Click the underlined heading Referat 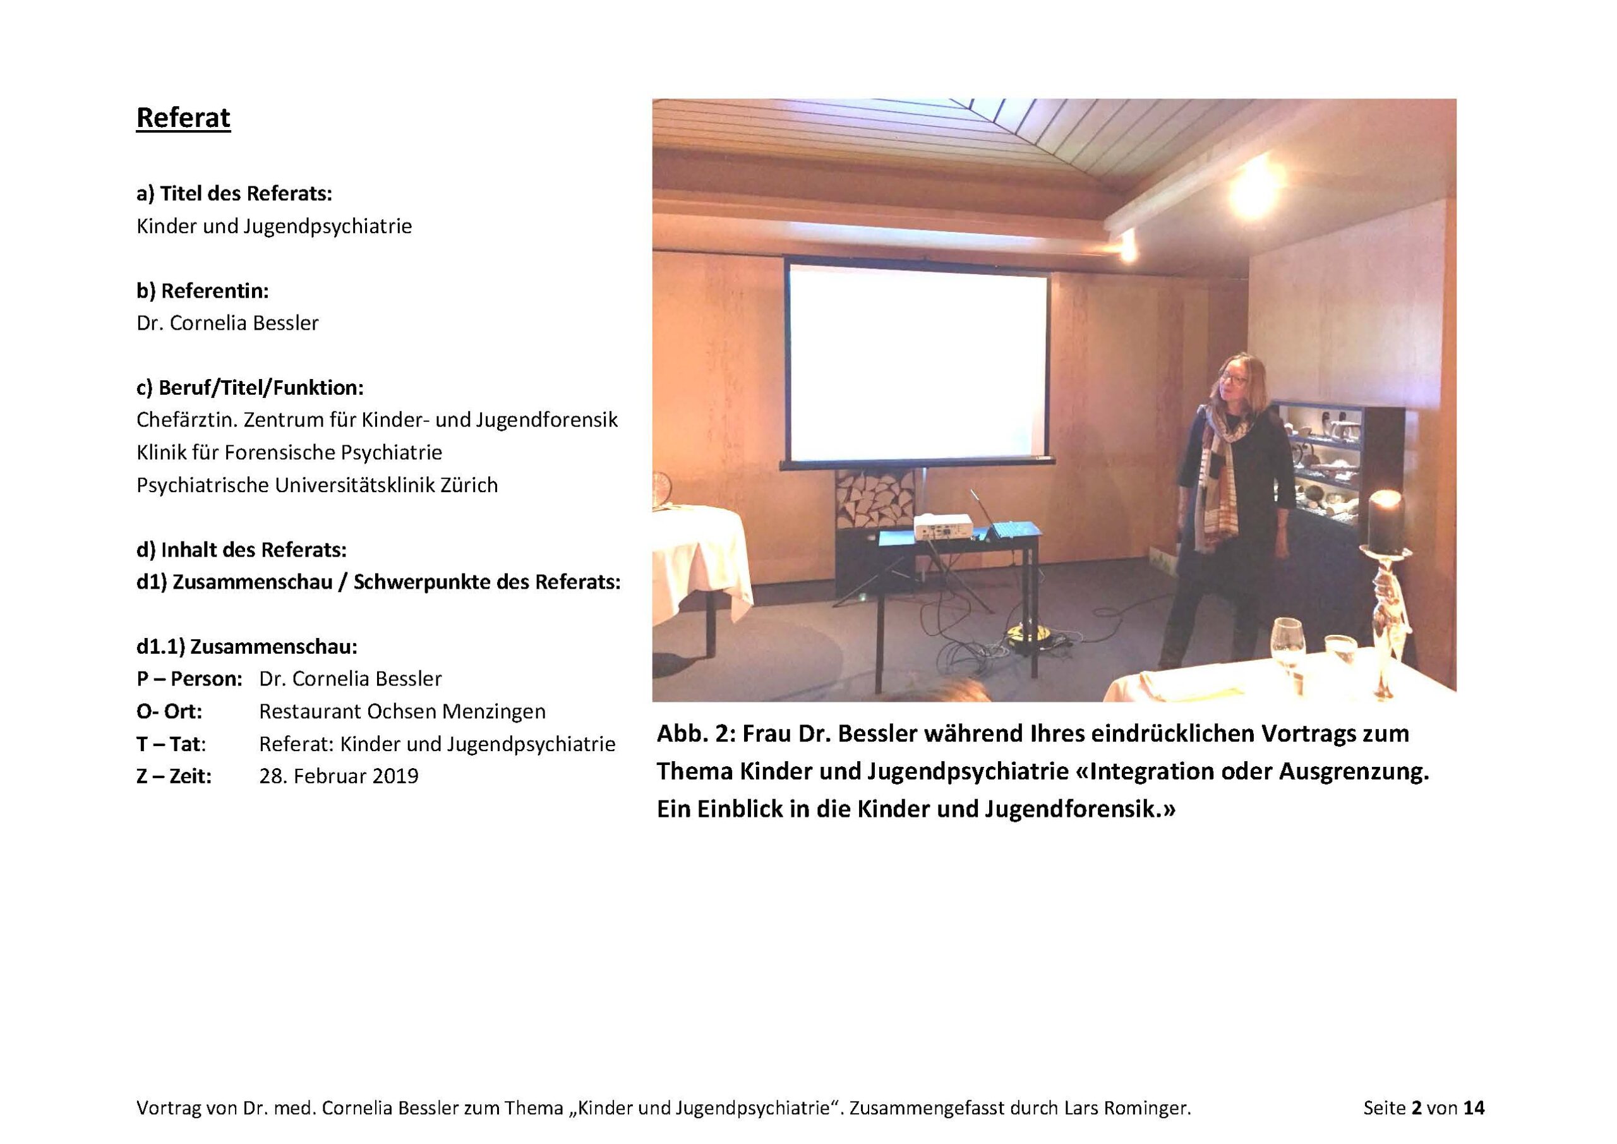point(183,117)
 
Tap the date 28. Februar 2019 point(339,776)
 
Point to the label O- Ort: point(169,711)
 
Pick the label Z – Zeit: point(174,776)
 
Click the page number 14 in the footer point(1474,1108)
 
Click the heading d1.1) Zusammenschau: point(247,647)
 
